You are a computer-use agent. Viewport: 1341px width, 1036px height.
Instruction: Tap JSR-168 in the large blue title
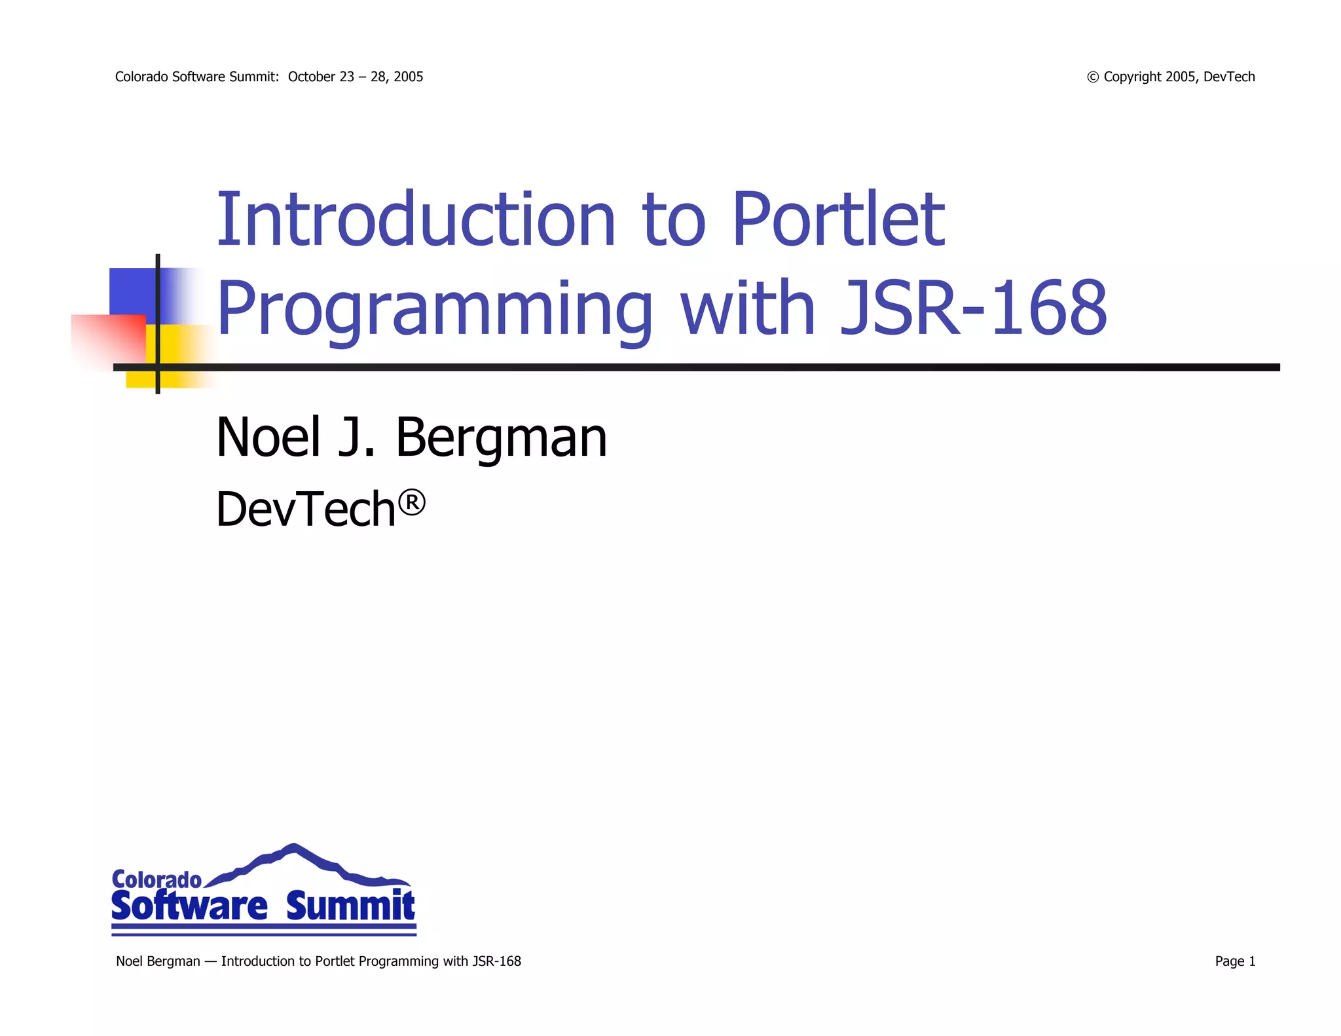coord(973,308)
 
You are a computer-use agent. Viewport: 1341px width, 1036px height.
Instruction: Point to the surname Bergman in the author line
coord(501,437)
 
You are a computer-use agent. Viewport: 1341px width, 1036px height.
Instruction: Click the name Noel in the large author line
coord(268,437)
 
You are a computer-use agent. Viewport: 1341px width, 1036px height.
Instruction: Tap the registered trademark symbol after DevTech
coord(412,504)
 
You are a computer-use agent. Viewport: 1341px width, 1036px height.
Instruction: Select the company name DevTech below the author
coord(306,509)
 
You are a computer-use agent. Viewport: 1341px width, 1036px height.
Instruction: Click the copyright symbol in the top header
coord(1092,77)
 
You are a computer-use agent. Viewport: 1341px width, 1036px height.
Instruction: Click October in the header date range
coord(312,77)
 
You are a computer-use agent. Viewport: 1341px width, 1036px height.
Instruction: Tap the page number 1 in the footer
coord(1252,961)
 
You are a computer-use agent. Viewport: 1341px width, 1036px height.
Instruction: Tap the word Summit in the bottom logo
coord(350,907)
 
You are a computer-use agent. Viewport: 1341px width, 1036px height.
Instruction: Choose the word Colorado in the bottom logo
coord(156,879)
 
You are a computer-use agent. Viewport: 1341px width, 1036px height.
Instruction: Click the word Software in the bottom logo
coord(189,907)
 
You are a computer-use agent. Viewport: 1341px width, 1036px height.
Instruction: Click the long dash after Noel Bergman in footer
coord(210,961)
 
